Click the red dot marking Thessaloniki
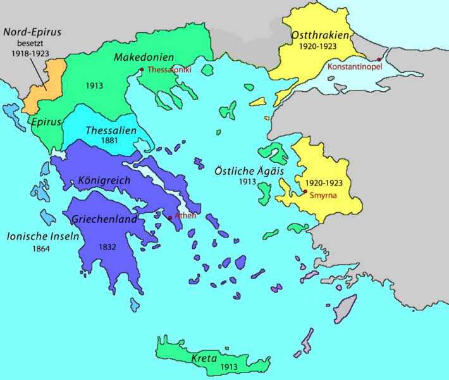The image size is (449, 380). point(142,70)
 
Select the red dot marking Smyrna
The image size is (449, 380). point(305,192)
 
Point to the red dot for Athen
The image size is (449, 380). point(169,218)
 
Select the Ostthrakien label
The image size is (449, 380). point(321,35)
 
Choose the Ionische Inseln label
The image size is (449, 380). point(42,236)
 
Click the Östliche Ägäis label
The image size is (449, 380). point(258,169)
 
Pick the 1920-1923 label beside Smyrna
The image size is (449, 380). point(323,182)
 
